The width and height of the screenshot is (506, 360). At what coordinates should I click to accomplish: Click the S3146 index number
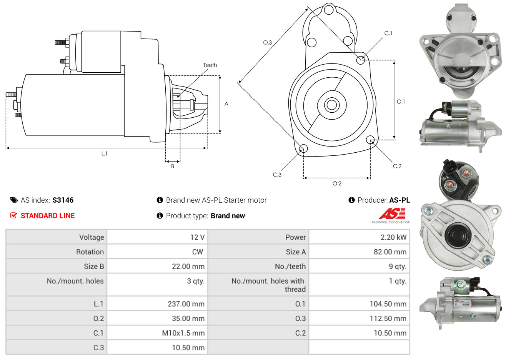pyautogui.click(x=63, y=200)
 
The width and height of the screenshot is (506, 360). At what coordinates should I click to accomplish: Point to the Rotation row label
pyautogui.click(x=90, y=252)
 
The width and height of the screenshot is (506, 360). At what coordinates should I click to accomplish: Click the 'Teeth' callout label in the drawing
pyautogui.click(x=210, y=65)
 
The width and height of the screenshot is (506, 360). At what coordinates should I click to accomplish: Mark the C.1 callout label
pyautogui.click(x=388, y=33)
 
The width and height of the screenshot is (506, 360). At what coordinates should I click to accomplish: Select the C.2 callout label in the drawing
pyautogui.click(x=397, y=166)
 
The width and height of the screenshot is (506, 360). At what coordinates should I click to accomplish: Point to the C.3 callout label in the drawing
pyautogui.click(x=277, y=175)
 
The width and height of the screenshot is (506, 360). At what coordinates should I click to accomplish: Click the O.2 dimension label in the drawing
pyautogui.click(x=337, y=183)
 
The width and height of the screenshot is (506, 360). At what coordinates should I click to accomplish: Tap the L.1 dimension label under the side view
pyautogui.click(x=104, y=153)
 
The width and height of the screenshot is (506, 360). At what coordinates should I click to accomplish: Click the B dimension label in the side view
pyautogui.click(x=173, y=166)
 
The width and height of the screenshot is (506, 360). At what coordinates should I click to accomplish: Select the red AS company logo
pyautogui.click(x=392, y=214)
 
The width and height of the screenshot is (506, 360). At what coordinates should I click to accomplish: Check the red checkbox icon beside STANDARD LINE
pyautogui.click(x=13, y=215)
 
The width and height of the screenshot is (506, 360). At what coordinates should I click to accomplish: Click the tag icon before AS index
pyautogui.click(x=14, y=200)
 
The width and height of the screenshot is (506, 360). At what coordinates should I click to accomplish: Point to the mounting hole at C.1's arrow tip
pyautogui.click(x=360, y=60)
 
